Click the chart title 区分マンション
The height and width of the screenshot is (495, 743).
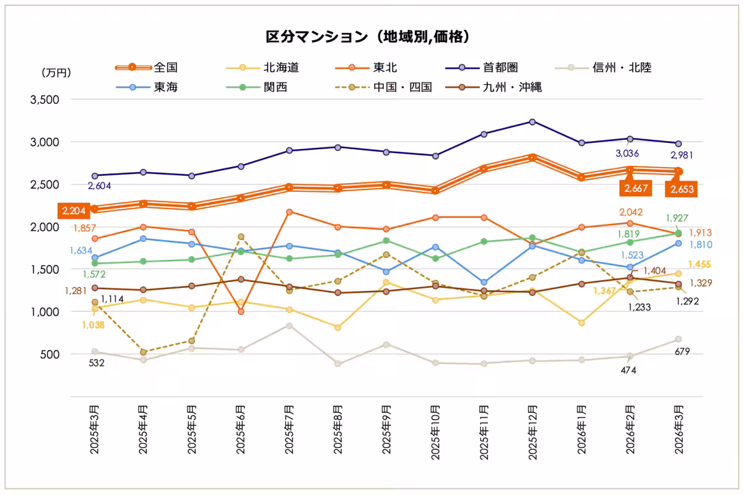(x=369, y=37)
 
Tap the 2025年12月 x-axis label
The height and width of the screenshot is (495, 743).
(x=532, y=430)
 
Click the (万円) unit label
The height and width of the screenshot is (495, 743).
(x=56, y=73)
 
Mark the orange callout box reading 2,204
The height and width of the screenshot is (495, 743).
(x=74, y=211)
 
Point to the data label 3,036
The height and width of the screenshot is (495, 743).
(x=627, y=153)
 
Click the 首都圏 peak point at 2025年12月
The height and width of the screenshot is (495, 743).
(x=532, y=122)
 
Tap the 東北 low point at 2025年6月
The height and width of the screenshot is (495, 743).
(x=241, y=311)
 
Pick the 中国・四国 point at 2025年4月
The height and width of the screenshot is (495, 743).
(x=144, y=352)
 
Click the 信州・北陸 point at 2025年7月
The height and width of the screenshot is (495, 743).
(x=289, y=325)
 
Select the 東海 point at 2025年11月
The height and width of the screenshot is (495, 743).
(x=484, y=283)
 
